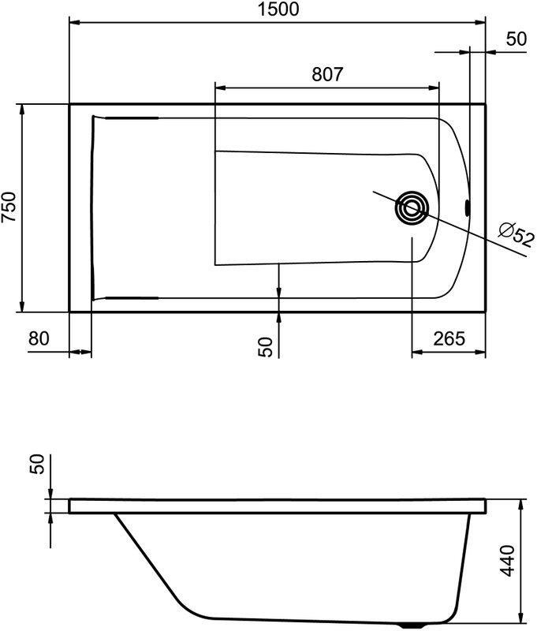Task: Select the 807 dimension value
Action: (x=326, y=74)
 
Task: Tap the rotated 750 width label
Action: (x=10, y=208)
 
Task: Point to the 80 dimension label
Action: (x=39, y=338)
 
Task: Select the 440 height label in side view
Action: (x=508, y=559)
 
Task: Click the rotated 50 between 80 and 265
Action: (x=266, y=347)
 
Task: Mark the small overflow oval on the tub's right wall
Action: (x=467, y=208)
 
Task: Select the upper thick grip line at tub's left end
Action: (x=126, y=118)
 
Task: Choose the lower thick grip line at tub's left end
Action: (x=126, y=298)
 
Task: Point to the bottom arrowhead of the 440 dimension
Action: (x=521, y=617)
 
